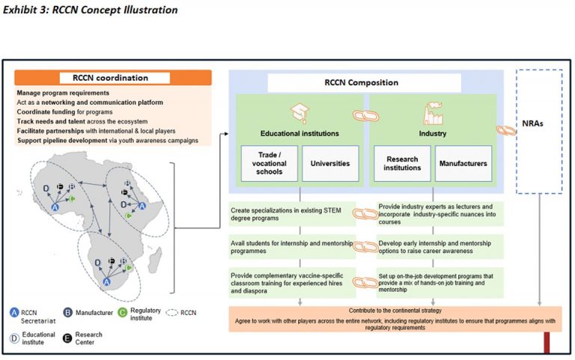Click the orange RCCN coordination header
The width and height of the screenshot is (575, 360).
[110, 78]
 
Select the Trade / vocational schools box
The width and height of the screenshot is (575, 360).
[269, 163]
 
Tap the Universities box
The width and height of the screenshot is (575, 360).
[330, 163]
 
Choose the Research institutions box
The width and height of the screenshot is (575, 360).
[402, 163]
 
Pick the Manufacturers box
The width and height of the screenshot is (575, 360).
[463, 163]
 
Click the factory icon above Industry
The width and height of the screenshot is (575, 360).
[432, 112]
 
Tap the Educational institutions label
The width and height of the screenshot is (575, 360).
[300, 134]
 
